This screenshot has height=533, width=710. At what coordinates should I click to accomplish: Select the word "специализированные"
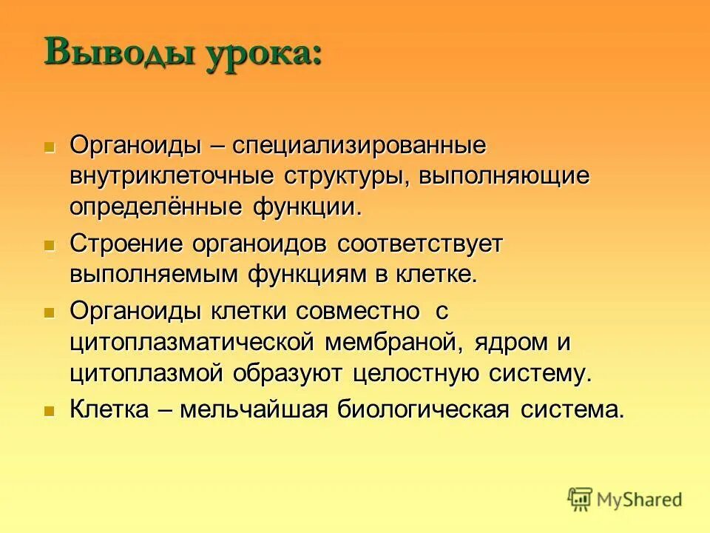359,145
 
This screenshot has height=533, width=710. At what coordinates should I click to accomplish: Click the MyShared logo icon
581,499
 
